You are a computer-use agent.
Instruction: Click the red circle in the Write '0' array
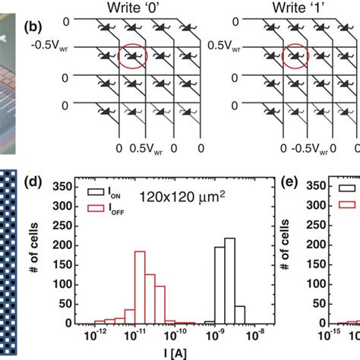pyautogui.click(x=134, y=56)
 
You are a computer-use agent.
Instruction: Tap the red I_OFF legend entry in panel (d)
pyautogui.click(x=105, y=207)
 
